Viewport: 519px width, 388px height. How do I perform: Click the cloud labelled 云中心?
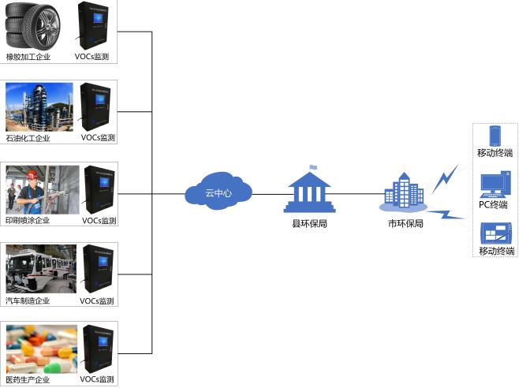218,192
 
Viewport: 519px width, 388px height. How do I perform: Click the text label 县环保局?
309,224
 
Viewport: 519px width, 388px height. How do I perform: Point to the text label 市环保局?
405,223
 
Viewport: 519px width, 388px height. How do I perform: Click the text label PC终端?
494,205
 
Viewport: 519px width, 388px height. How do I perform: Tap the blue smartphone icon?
495,135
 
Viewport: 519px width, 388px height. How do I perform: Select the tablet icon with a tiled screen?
494,234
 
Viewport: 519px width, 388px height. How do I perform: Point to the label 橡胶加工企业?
28,57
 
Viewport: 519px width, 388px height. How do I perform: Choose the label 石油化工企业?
28,138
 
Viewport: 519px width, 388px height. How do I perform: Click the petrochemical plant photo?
39,106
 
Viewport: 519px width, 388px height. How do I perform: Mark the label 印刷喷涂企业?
28,220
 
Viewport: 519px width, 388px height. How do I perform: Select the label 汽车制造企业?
28,300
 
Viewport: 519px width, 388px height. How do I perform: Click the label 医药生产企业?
28,379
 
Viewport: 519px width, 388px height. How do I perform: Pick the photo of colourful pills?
39,349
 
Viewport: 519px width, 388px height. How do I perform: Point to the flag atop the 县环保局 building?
313,166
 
